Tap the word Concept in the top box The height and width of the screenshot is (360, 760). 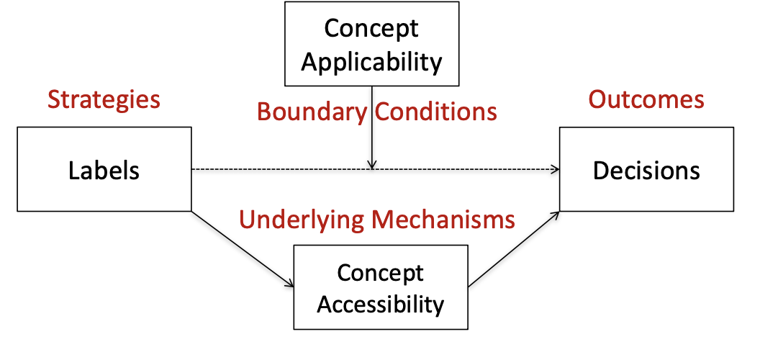coord(371,29)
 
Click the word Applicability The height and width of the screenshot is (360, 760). coord(371,62)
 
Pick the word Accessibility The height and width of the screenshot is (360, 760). coord(380,304)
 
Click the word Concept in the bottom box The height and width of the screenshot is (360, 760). coord(380,274)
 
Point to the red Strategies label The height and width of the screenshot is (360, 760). coord(104,99)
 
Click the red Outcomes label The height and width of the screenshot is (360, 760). coord(646,99)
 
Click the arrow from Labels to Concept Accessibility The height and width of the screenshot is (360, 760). coord(241,248)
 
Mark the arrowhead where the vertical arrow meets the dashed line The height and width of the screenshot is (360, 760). coord(371,166)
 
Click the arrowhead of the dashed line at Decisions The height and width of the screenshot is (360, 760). coord(555,170)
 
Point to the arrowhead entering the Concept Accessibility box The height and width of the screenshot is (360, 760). coord(289,284)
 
